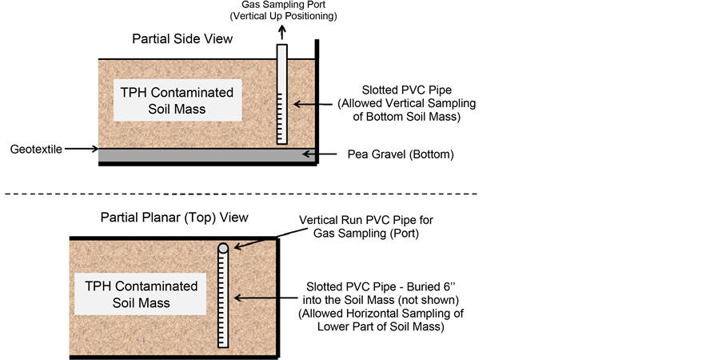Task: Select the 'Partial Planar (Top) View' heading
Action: click(x=174, y=217)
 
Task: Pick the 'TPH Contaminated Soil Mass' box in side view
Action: click(x=177, y=100)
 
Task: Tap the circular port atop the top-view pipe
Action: click(x=223, y=249)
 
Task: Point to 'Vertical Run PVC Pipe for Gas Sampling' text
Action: click(x=366, y=226)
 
